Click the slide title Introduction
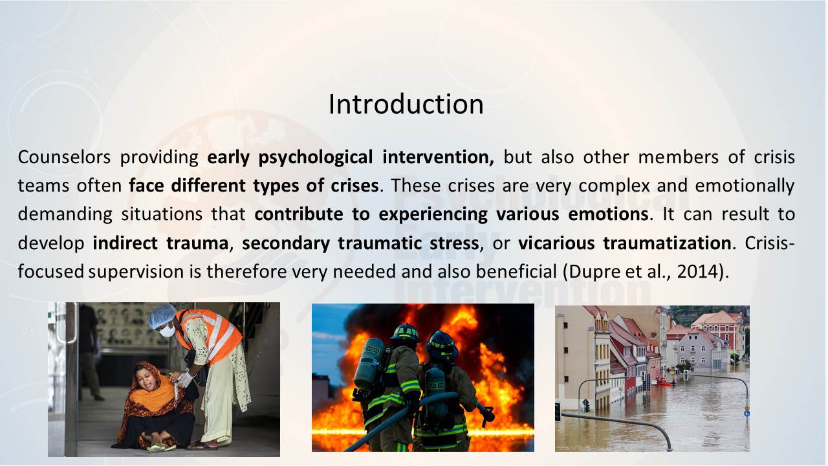pyautogui.click(x=406, y=104)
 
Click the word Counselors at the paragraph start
pyautogui.click(x=64, y=157)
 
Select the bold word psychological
pyautogui.click(x=315, y=157)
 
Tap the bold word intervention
pyautogui.click(x=438, y=157)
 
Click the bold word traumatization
pyautogui.click(x=667, y=243)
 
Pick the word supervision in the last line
pyautogui.click(x=136, y=272)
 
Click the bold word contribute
pyautogui.click(x=299, y=214)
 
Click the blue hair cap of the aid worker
pyautogui.click(x=162, y=315)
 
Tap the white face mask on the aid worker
pyautogui.click(x=168, y=330)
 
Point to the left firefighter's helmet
pyautogui.click(x=405, y=332)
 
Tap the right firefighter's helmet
pyautogui.click(x=442, y=345)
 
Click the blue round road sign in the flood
pyautogui.click(x=746, y=413)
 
